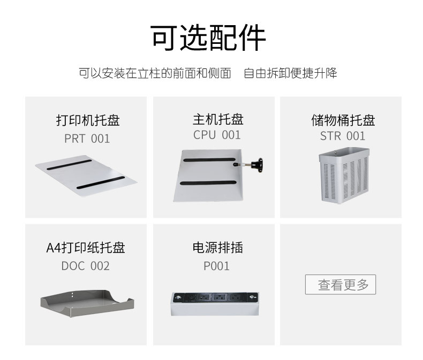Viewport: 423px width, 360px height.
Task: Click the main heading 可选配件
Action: pos(208,37)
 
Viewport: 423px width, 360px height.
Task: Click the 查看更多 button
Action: pos(341,285)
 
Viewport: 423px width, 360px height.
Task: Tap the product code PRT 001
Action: pos(87,139)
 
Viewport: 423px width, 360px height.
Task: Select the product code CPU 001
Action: pos(217,135)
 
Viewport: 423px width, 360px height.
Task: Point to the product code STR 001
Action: pos(343,136)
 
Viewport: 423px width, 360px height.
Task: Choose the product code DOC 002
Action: pos(86,266)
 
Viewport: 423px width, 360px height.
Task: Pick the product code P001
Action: pos(216,266)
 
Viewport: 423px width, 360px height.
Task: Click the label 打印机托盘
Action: pos(88,120)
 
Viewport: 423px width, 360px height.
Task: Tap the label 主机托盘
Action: pos(218,119)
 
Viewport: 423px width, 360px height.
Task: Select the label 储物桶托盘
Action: pos(343,120)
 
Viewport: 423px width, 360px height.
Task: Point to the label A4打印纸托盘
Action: pos(86,248)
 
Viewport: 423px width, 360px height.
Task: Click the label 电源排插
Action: pos(218,247)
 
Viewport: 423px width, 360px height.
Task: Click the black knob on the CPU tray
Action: pos(258,165)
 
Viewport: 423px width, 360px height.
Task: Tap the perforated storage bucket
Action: pos(344,175)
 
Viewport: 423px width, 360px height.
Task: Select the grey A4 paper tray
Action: pos(87,304)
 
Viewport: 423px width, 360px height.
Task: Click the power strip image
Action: pos(215,304)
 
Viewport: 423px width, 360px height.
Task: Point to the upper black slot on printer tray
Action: pos(69,165)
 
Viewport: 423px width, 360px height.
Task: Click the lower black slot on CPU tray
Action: pos(208,183)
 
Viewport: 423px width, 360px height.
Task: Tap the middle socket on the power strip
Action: pos(220,298)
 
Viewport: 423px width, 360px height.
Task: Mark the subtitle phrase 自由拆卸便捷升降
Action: pos(290,73)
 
